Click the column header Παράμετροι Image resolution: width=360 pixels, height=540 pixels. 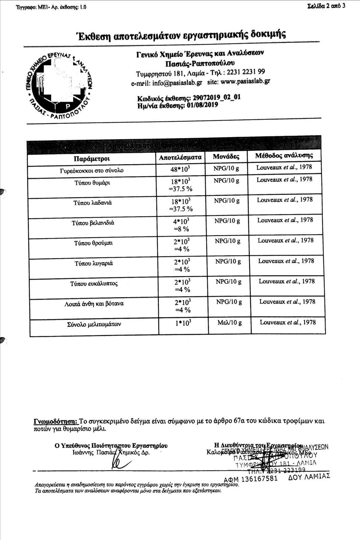(92, 159)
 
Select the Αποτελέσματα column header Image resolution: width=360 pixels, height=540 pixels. (180, 157)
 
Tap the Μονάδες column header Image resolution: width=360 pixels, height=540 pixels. (226, 157)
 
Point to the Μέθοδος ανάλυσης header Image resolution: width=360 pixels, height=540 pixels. (284, 156)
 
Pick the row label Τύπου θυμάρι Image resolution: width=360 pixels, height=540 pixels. (92, 183)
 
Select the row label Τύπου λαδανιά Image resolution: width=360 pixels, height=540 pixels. (93, 203)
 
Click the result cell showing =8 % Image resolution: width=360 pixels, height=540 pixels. (181, 229)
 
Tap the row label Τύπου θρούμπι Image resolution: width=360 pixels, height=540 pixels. (94, 243)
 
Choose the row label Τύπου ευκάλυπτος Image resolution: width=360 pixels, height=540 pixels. (94, 283)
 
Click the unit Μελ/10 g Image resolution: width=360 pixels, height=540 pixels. (230, 323)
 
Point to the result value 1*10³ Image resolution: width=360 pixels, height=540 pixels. (183, 323)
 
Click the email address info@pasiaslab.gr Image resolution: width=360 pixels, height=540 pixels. (177, 83)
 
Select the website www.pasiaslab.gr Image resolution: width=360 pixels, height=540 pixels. (245, 81)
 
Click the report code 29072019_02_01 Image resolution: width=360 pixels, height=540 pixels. (216, 98)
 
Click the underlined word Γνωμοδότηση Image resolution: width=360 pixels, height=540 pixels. (56, 421)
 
